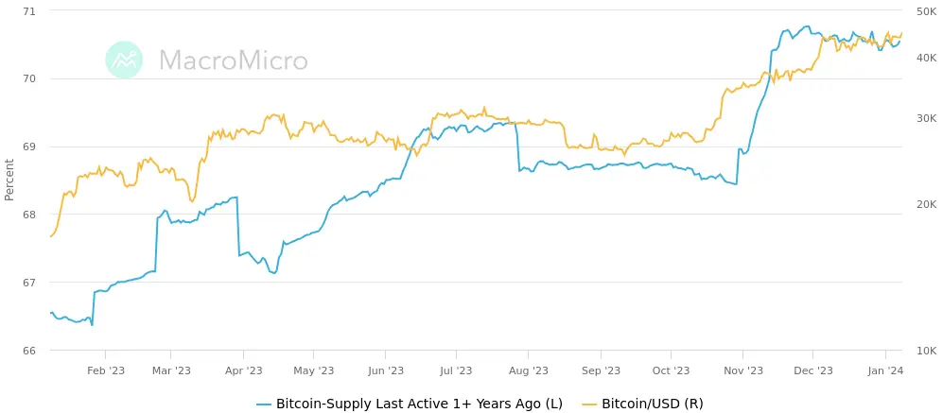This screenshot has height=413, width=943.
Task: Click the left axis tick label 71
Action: point(27,10)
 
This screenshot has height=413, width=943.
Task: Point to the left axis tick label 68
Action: point(27,215)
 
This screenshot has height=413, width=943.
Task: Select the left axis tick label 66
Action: point(27,351)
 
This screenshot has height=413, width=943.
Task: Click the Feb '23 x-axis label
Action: point(106,371)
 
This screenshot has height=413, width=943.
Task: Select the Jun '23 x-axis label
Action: point(386,371)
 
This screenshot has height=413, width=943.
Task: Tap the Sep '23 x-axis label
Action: point(601,371)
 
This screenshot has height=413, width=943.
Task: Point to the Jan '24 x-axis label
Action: point(885,371)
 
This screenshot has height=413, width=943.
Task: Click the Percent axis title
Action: point(9,180)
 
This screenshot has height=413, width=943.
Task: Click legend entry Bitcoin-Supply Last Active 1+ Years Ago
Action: point(419,404)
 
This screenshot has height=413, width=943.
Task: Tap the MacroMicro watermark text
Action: point(233,60)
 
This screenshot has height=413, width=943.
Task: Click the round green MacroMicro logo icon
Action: point(124,60)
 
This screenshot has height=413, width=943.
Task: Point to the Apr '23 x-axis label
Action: point(244,371)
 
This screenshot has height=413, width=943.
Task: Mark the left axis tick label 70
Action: point(27,78)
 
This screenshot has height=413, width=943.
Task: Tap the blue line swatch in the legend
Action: point(264,404)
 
